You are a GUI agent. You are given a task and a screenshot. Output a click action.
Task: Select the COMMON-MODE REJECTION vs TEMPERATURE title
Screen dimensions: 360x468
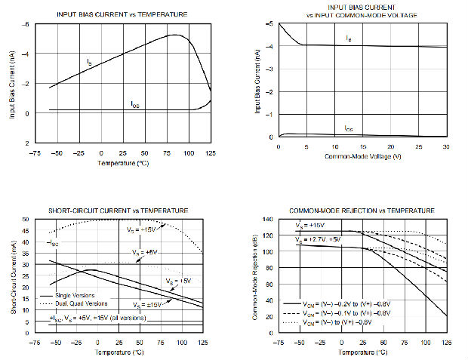362,210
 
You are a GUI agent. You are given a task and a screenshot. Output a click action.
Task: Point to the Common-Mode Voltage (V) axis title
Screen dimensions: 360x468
362,155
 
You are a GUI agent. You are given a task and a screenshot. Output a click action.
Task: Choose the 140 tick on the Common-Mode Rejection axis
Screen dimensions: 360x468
269,220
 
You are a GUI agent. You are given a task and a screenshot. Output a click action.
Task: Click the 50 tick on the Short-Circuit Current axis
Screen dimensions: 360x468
27,220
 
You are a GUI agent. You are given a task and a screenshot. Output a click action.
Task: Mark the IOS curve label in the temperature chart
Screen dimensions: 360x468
135,106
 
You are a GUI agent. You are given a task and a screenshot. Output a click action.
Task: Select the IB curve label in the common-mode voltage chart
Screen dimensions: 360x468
348,37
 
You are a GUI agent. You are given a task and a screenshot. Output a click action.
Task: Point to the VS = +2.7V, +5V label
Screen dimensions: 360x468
318,239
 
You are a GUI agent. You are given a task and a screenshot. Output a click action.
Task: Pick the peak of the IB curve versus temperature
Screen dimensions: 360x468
175,35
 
